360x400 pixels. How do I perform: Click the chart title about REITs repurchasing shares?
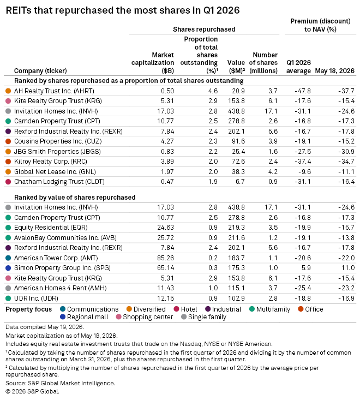click(x=123, y=10)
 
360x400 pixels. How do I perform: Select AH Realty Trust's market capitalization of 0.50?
click(x=167, y=91)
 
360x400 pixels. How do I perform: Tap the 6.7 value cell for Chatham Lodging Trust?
click(x=240, y=182)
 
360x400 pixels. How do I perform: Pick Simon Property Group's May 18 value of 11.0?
click(x=348, y=268)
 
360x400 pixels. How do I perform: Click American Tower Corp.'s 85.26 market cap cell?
click(x=165, y=258)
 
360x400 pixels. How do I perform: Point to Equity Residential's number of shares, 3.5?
click(x=273, y=228)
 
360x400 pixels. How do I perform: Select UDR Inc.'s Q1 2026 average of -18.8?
click(x=303, y=298)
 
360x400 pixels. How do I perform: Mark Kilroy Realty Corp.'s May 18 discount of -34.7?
click(x=346, y=162)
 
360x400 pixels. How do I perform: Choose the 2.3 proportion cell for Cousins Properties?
click(x=213, y=141)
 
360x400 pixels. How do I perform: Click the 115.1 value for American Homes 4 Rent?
click(x=236, y=288)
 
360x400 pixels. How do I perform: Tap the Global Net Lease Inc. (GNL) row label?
click(x=55, y=172)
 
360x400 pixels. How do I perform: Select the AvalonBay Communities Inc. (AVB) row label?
click(x=65, y=238)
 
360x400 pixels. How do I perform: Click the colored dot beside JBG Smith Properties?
click(x=8, y=152)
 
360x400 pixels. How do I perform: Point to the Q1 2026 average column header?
click(x=298, y=67)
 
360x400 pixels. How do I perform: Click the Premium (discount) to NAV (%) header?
click(x=320, y=25)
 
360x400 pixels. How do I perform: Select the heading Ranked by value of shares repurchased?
click(x=75, y=198)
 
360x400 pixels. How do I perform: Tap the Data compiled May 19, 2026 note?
click(x=45, y=327)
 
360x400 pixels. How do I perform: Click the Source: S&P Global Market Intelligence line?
click(x=60, y=383)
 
